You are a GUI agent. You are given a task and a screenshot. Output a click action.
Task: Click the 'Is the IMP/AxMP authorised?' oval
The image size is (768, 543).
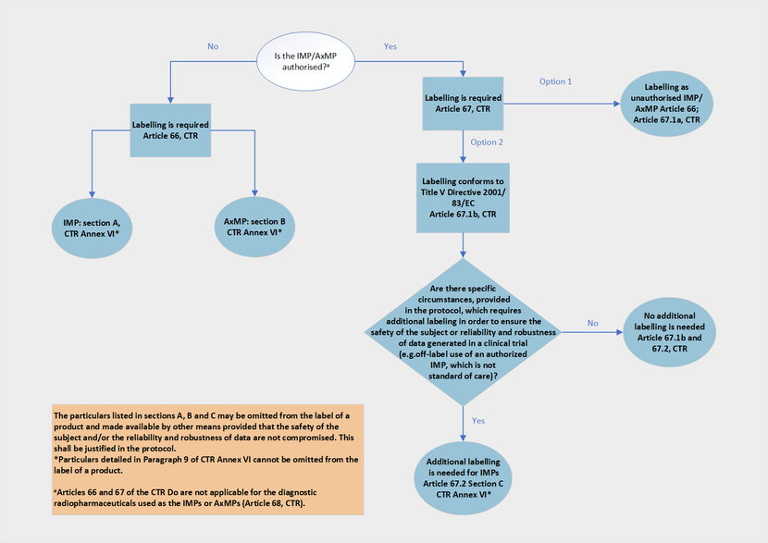[306, 63]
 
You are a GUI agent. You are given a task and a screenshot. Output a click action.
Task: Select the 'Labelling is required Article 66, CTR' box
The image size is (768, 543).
[170, 130]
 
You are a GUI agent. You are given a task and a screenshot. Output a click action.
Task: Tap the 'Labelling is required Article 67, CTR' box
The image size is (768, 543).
[463, 104]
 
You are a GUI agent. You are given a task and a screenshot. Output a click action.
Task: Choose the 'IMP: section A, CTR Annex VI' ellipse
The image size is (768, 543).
[92, 228]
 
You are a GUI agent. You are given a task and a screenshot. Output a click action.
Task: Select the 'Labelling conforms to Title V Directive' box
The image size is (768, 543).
[463, 196]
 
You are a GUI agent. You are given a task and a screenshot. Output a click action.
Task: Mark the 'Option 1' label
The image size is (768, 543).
[555, 82]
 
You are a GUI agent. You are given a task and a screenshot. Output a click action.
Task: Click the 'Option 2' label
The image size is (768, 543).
[487, 142]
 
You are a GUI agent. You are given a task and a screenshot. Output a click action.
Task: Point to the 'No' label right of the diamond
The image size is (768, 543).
[592, 323]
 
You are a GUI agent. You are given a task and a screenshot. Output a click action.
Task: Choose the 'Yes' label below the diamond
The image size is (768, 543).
[478, 420]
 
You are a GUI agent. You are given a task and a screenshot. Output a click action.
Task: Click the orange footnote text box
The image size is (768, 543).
[207, 460]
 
